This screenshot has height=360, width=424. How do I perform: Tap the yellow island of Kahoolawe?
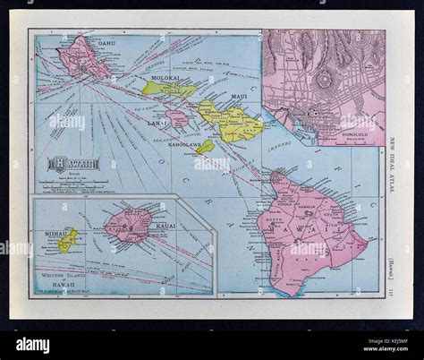[x=207, y=146]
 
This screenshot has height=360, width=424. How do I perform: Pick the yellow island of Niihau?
[x=66, y=240]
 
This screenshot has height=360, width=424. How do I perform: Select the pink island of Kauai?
[x=131, y=224]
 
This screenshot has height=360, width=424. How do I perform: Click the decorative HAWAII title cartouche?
[x=74, y=164]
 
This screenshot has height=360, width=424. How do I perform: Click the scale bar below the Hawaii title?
[x=74, y=183]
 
